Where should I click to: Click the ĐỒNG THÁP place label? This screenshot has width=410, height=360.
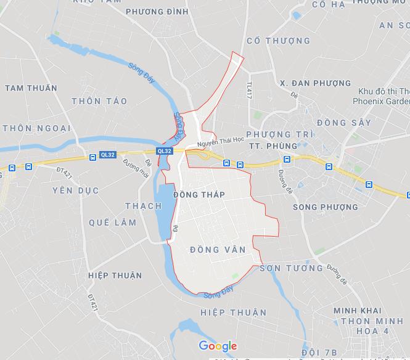click(199, 195)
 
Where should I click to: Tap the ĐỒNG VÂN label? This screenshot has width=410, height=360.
click(218, 249)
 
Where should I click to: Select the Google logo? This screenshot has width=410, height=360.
click(218, 346)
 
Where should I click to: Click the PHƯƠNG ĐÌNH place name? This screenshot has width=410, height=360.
click(157, 11)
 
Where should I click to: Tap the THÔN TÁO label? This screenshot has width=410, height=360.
click(99, 101)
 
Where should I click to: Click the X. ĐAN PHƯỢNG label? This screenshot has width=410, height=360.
click(314, 83)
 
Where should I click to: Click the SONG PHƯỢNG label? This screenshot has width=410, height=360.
click(325, 207)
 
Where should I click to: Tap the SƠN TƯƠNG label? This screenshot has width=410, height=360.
click(291, 268)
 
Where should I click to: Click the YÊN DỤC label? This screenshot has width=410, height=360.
click(75, 190)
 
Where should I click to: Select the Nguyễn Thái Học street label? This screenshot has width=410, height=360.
click(221, 141)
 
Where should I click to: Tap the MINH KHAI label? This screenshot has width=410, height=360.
click(358, 311)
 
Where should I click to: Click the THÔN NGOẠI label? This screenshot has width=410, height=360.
click(36, 128)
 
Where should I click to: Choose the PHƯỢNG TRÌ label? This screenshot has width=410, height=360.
click(279, 134)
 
